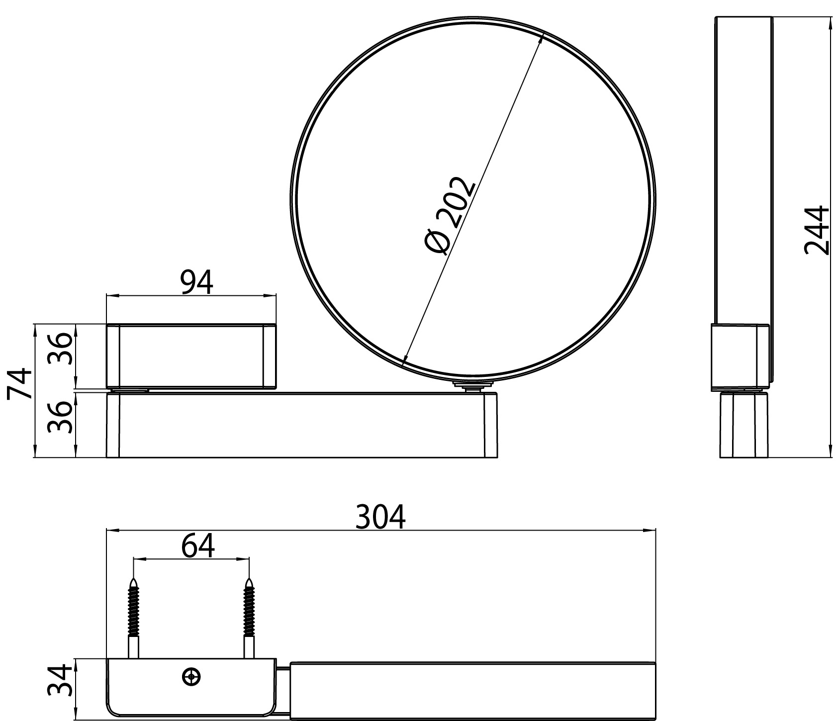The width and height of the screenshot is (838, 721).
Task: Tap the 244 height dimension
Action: click(x=817, y=230)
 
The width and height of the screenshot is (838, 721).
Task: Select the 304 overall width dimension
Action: click(x=381, y=517)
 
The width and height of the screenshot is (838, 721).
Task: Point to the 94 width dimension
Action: click(x=196, y=282)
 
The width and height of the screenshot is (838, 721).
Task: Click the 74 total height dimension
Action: click(x=20, y=383)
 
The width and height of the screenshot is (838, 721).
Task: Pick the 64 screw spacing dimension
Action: click(x=197, y=545)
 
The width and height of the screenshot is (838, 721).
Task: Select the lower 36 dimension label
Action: click(x=62, y=417)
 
